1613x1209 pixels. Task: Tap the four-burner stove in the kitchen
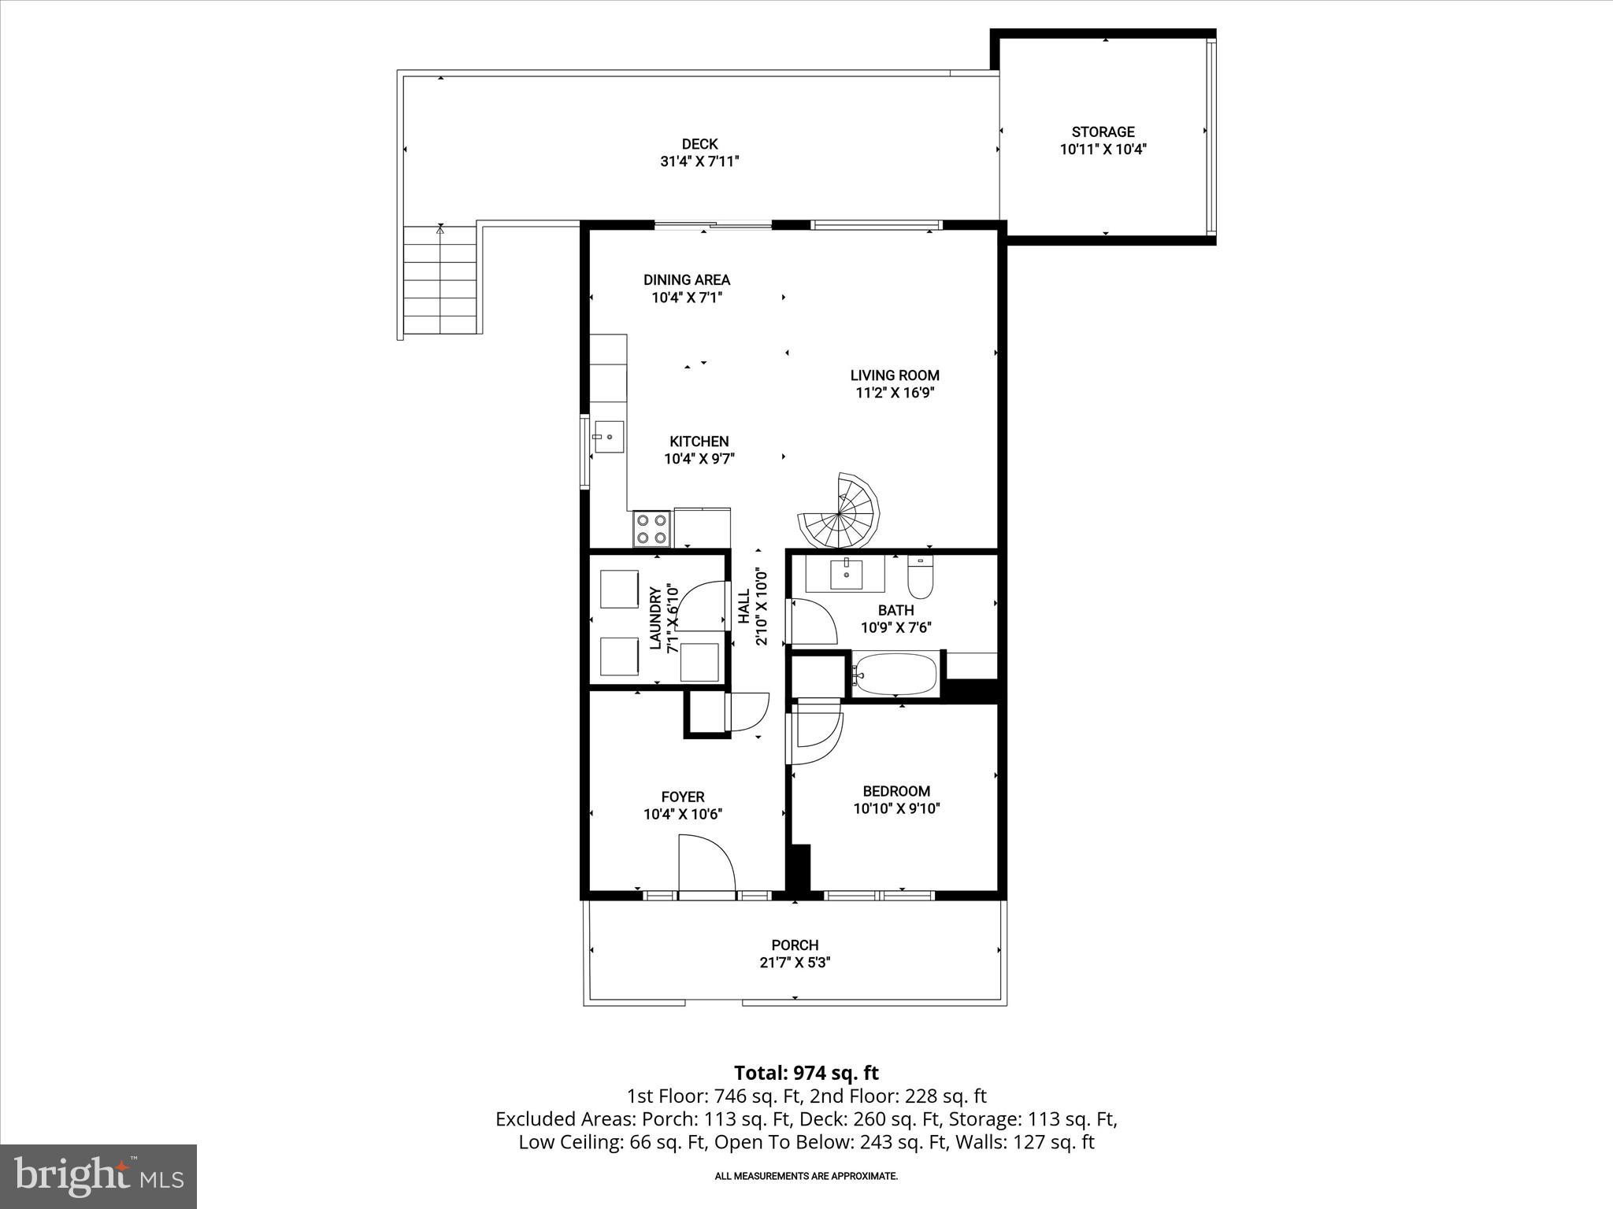(x=652, y=528)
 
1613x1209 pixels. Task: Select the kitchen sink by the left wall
(x=609, y=437)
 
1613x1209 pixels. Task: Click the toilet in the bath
(x=920, y=577)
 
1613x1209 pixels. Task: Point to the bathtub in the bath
(x=896, y=675)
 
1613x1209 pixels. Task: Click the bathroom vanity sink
(x=845, y=574)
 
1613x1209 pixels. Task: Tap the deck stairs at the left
(x=439, y=282)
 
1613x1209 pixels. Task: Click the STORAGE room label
(x=1103, y=132)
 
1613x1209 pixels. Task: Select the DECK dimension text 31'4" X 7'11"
(x=699, y=161)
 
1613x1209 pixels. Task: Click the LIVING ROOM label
(x=895, y=375)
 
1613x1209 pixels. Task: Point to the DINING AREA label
(x=686, y=279)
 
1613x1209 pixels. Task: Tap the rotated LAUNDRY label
(x=654, y=619)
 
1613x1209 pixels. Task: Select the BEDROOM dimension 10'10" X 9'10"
(x=896, y=808)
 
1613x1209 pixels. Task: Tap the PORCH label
(x=795, y=945)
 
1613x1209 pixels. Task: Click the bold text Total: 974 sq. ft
(x=806, y=1073)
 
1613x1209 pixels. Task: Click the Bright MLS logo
(x=98, y=1176)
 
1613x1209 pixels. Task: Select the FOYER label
(x=682, y=797)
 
